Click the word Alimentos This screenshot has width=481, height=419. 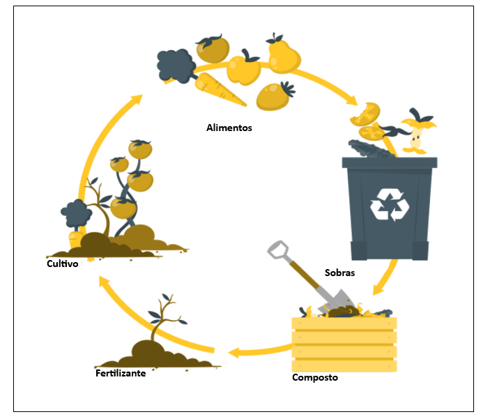[x=229, y=128]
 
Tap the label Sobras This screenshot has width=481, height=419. [x=339, y=273]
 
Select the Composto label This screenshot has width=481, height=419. [x=315, y=377]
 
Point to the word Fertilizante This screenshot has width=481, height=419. [x=121, y=373]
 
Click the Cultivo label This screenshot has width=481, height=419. [x=62, y=264]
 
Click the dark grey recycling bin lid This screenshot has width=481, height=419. [x=389, y=162]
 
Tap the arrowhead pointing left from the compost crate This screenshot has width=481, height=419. [x=234, y=351]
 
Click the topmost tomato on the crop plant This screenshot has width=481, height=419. [x=140, y=148]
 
